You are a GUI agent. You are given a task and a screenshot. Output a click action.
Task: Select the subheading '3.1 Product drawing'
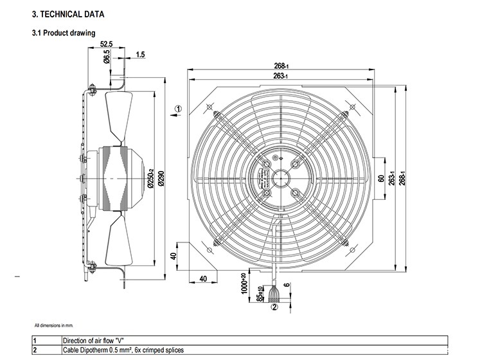coord(64,33)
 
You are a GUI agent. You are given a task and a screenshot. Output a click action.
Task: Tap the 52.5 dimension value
coord(107,44)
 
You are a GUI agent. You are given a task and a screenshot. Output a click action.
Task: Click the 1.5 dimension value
coord(140,55)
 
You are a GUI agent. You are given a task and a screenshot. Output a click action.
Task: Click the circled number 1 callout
coord(179,109)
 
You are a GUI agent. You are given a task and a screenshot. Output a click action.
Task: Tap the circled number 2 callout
coord(274,307)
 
